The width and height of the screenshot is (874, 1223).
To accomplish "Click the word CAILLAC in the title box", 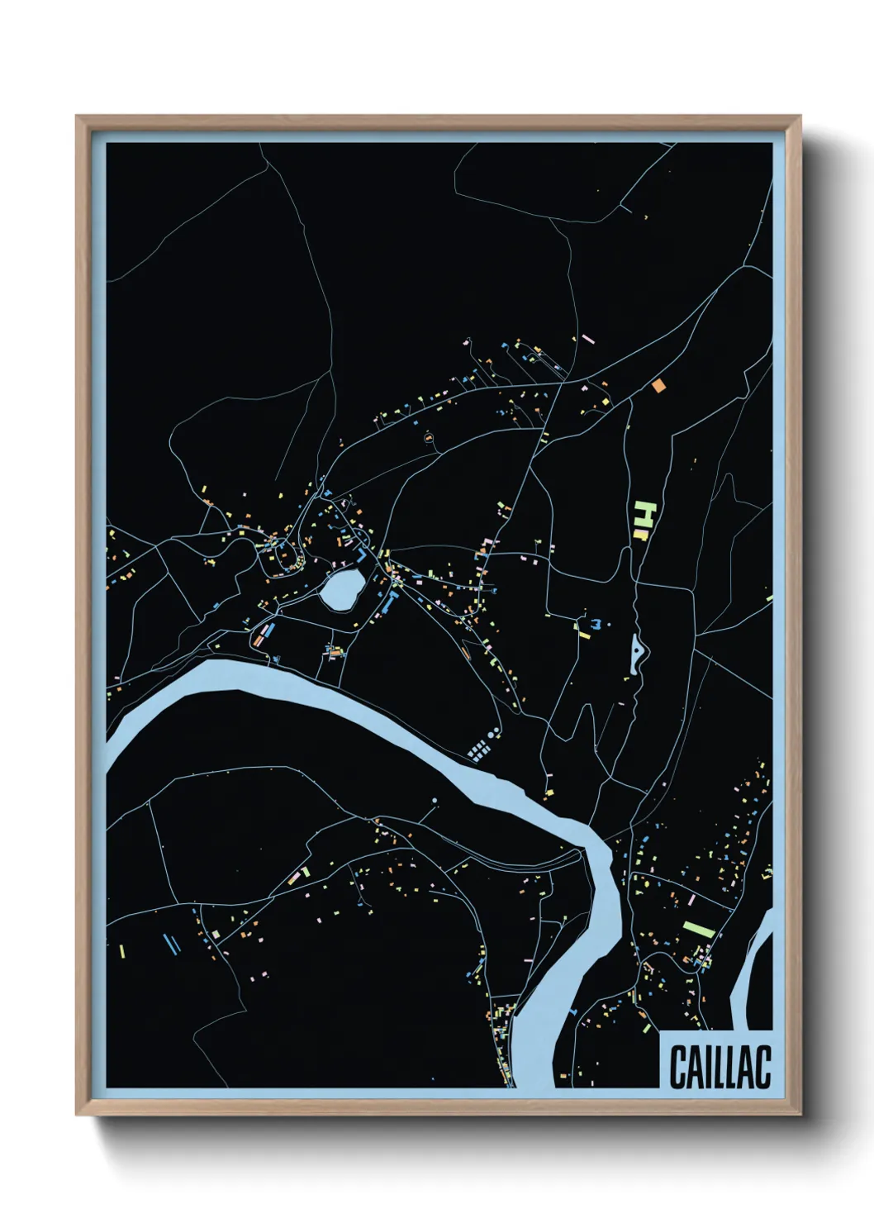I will (720, 1067).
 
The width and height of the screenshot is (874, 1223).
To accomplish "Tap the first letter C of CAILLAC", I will (677, 1067).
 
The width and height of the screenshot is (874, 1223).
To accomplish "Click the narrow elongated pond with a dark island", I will (638, 656).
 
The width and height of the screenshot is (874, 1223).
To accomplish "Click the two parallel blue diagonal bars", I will (172, 944).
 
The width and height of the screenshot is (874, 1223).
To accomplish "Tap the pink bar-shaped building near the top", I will (587, 338).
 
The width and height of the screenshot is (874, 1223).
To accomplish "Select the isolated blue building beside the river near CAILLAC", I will (573, 1010).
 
